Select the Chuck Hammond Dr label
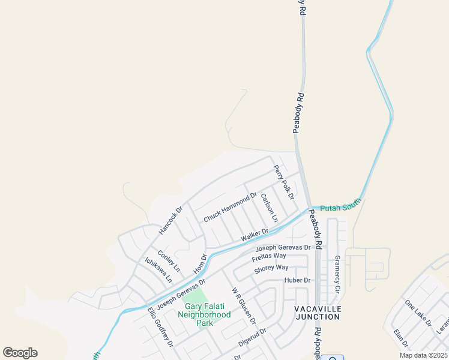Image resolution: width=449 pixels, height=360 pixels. point(230,207)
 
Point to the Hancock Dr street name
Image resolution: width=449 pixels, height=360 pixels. point(170,221)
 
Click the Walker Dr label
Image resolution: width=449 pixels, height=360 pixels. point(255,235)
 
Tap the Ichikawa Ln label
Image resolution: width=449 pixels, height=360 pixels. point(158,270)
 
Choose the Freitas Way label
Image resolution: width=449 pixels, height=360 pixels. point(270,257)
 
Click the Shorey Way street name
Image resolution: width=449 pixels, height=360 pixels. point(271,268)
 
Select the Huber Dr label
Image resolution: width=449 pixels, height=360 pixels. point(298,280)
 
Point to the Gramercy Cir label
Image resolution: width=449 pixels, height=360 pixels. point(337,273)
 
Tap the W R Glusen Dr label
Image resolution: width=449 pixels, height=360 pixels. point(244,305)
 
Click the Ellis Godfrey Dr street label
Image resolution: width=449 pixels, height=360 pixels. point(160,328)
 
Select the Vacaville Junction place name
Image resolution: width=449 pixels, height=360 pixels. point(318,313)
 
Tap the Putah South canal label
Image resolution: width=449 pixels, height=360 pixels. point(339,208)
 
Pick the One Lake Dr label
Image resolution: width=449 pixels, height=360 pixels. point(418,313)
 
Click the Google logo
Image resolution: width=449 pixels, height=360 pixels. point(20,353)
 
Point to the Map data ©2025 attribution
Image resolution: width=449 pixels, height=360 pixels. point(423,355)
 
